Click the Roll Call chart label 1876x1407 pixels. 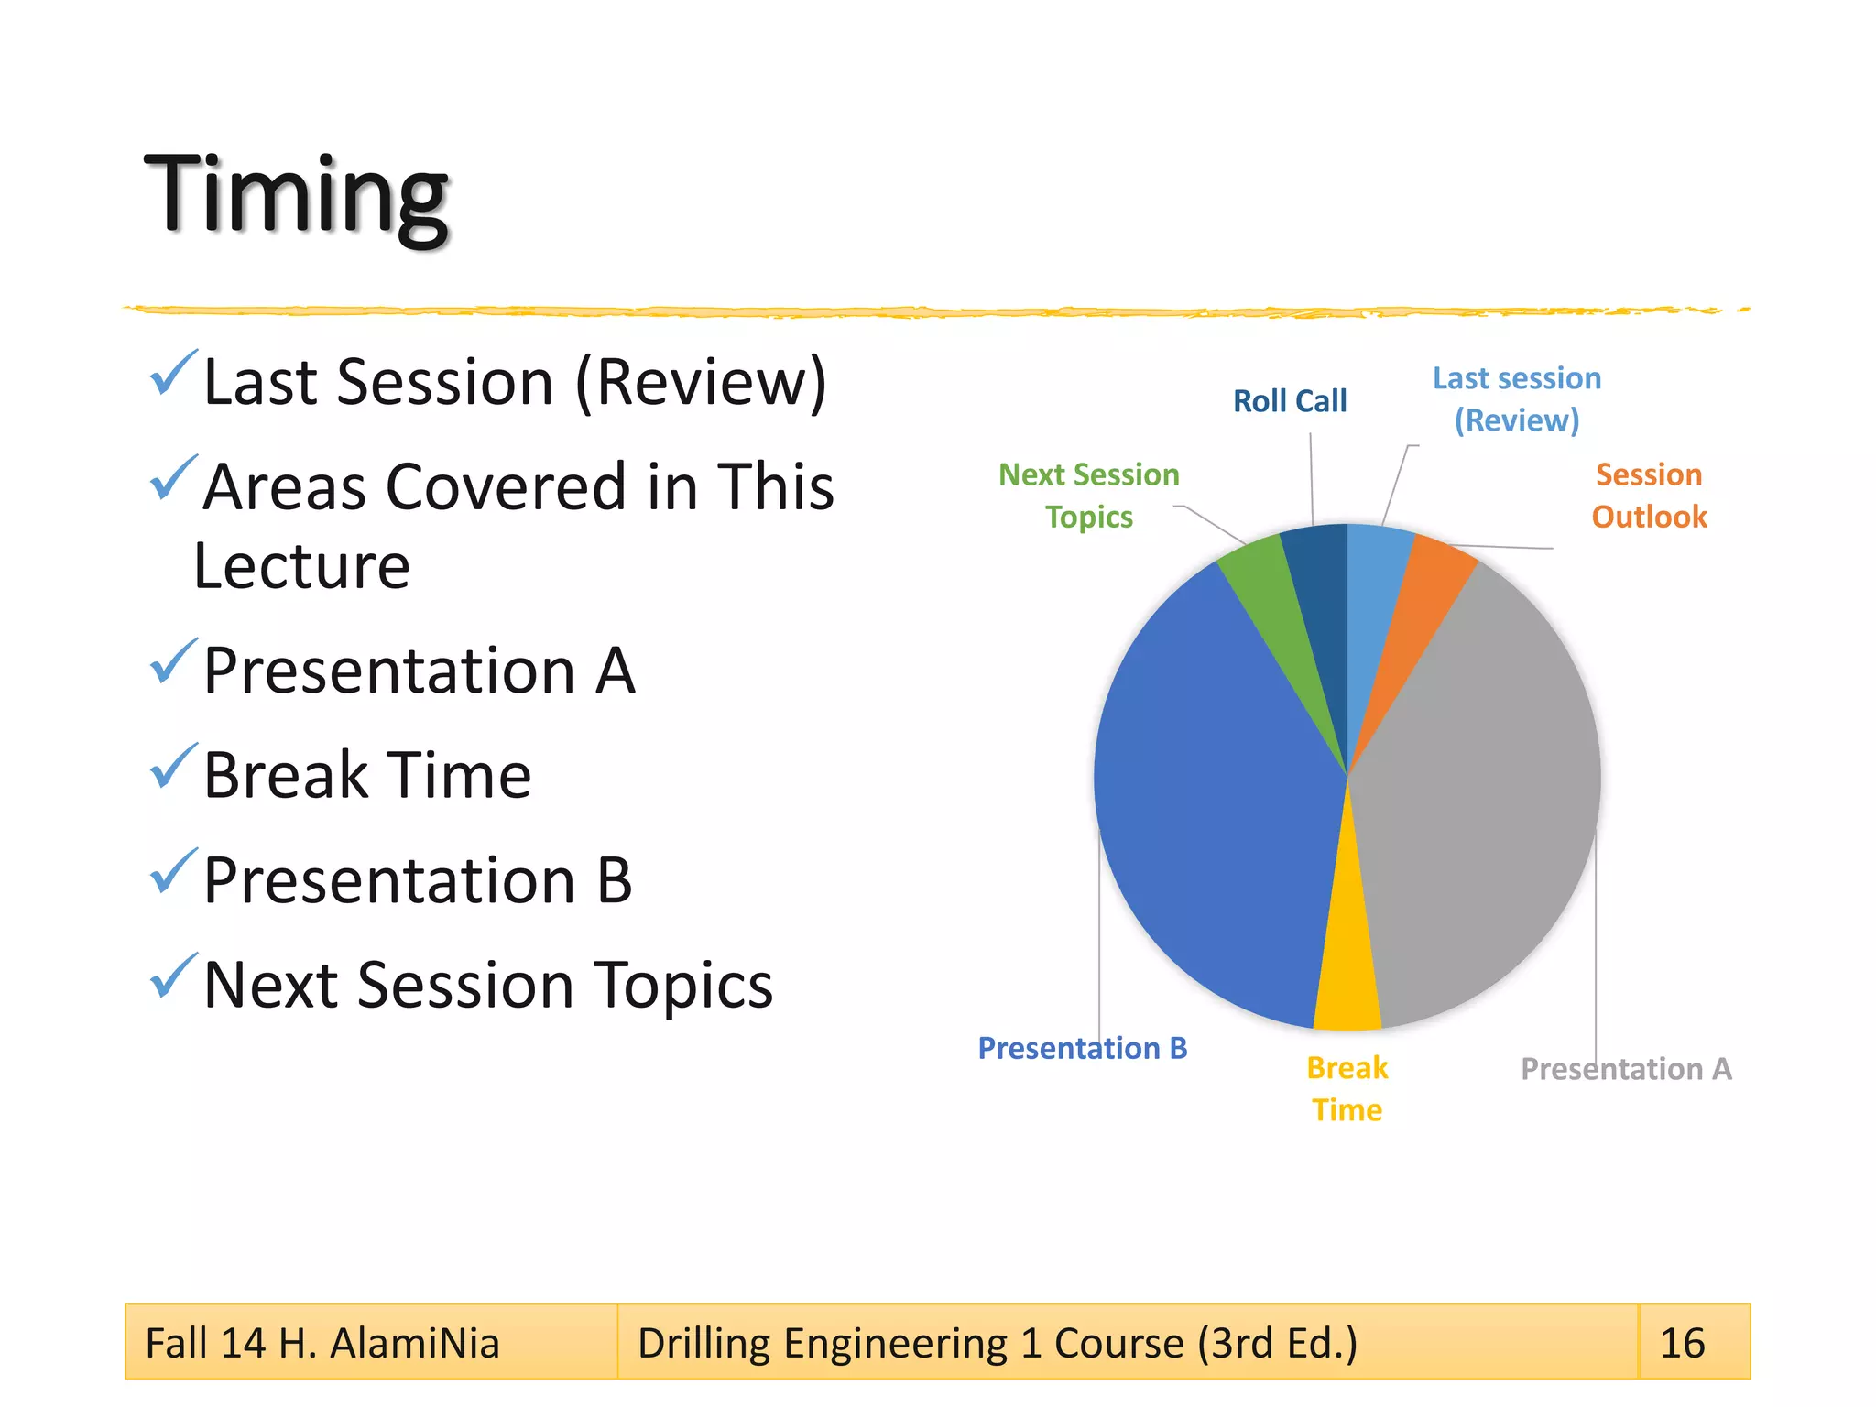click(1289, 401)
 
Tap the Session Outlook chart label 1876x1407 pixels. click(1649, 496)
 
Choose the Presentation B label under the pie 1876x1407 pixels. click(1082, 1048)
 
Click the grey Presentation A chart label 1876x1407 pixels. click(1626, 1069)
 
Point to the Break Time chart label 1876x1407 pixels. click(1347, 1089)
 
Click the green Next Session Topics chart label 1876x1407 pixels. click(1088, 496)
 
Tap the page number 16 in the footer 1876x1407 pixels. click(1683, 1343)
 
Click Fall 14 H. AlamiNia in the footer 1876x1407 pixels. click(322, 1343)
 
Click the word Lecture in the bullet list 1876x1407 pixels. click(301, 566)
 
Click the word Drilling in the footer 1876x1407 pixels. click(703, 1343)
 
